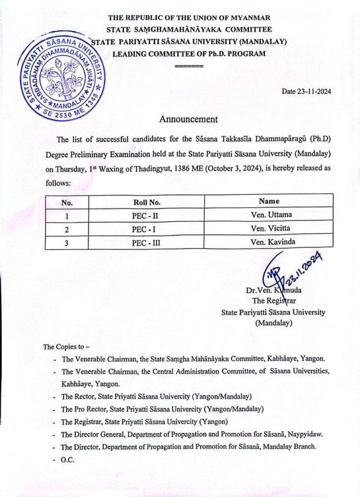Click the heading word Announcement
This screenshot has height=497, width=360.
tap(189, 119)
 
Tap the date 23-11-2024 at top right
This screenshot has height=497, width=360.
tap(306, 91)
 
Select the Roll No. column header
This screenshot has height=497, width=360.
tap(147, 201)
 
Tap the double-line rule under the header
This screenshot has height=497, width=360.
tap(189, 65)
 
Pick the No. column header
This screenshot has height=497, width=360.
tap(67, 202)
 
